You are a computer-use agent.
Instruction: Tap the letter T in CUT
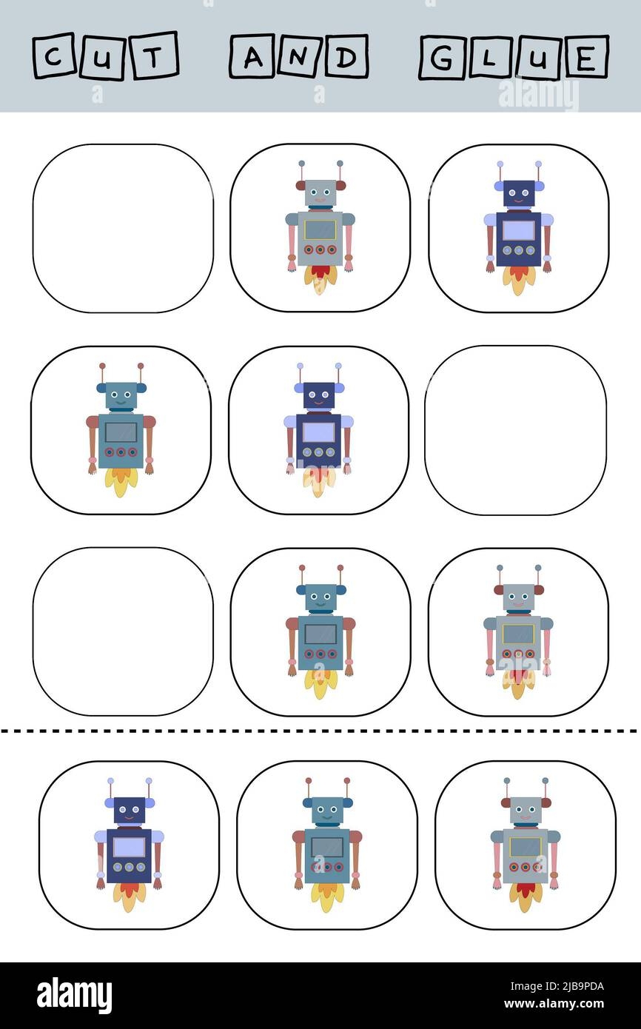pos(154,56)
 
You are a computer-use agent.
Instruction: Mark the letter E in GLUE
pos(585,56)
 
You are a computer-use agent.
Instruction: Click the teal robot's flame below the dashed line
pos(327,898)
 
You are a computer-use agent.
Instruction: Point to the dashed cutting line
pos(320,731)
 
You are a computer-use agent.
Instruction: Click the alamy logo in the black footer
pos(74,996)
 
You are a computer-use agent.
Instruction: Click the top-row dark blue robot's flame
pos(519,279)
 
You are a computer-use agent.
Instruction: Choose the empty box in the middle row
pos(515,430)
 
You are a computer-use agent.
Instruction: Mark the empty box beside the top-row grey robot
pos(123,228)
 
